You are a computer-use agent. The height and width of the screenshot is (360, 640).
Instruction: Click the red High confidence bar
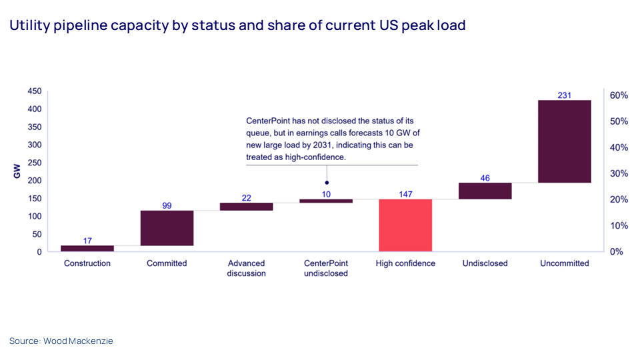pos(405,225)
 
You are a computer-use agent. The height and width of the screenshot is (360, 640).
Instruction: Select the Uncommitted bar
pos(565,141)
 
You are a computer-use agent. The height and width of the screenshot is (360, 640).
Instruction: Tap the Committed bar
pos(167,228)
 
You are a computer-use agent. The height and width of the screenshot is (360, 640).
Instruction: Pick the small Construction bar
pos(87,249)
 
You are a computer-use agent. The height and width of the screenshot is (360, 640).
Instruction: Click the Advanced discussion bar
pos(246,207)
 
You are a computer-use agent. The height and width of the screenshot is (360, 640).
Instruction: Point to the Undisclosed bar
pos(485,191)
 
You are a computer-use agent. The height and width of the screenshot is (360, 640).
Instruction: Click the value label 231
pos(565,95)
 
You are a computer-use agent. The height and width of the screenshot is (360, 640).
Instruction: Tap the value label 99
pos(167,205)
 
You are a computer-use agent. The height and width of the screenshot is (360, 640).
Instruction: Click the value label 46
pos(485,178)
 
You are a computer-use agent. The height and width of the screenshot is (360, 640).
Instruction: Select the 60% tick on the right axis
pos(619,95)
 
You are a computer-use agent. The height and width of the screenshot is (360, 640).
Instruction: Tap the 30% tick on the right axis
pos(619,173)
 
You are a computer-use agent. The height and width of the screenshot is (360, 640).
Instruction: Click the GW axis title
pos(17,171)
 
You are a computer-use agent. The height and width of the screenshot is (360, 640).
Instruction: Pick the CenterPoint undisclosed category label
pos(325,268)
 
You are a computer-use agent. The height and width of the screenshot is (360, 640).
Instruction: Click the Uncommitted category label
pos(565,263)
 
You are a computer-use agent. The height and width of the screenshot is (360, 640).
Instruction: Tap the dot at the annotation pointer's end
pos(327,182)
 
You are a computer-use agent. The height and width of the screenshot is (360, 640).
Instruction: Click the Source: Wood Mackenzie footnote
pos(61,341)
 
